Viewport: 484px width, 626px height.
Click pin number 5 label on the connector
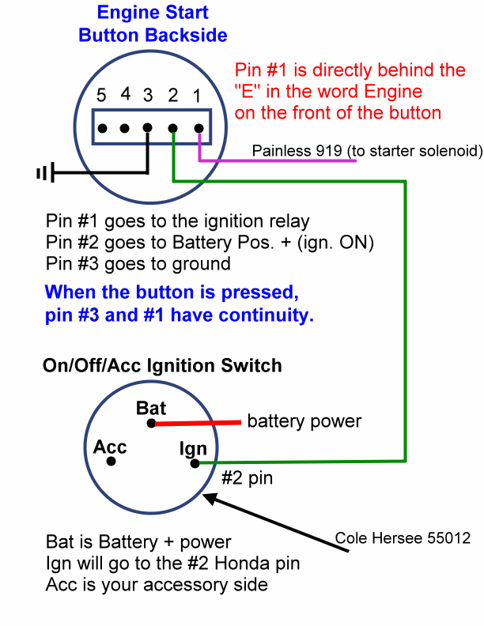[x=100, y=96]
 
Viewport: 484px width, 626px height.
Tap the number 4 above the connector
[x=125, y=95]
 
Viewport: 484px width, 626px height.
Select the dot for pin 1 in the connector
[x=199, y=127]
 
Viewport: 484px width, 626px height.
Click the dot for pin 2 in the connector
[x=174, y=127]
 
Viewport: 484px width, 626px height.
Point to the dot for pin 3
[x=149, y=127]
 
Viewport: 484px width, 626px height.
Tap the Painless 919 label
[x=367, y=150]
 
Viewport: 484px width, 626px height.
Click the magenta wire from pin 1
[x=277, y=161]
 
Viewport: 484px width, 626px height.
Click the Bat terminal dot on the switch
[x=151, y=424]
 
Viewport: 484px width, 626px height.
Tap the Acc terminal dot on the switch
[x=112, y=461]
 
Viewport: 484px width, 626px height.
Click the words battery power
[x=304, y=420]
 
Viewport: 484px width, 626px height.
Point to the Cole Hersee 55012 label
[x=403, y=538]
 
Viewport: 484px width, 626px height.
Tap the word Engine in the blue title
[x=123, y=13]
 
